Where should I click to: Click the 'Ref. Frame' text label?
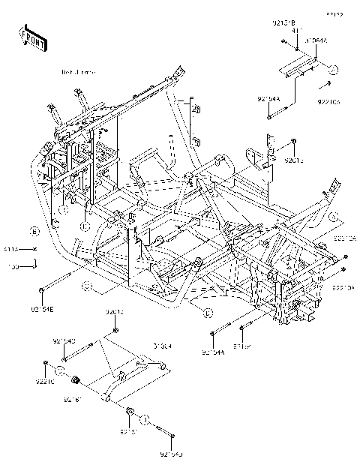(x=79, y=72)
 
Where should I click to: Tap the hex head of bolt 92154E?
(x=40, y=289)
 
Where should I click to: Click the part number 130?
(x=12, y=264)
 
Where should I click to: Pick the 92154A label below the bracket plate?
(x=268, y=99)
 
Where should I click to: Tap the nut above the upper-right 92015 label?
(x=295, y=141)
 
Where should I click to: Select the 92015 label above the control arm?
(x=115, y=311)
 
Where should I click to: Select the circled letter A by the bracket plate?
(x=335, y=69)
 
